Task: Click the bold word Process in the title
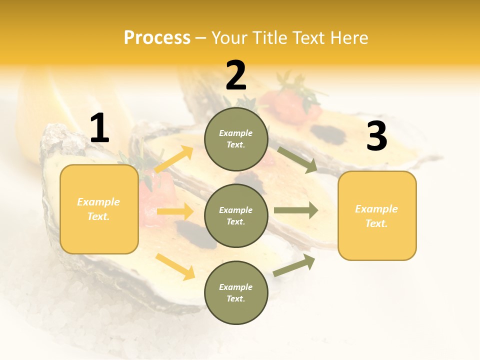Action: [x=157, y=38]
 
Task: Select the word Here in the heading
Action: [x=348, y=38]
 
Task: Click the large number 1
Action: [x=99, y=128]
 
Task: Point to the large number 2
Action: [x=236, y=75]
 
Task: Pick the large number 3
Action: [x=376, y=136]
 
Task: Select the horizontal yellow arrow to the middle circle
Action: [x=175, y=211]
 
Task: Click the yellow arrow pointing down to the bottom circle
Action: [x=175, y=266]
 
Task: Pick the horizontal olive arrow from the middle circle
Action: [x=296, y=210]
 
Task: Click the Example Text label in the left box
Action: [x=98, y=209]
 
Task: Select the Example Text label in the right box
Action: [x=376, y=216]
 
